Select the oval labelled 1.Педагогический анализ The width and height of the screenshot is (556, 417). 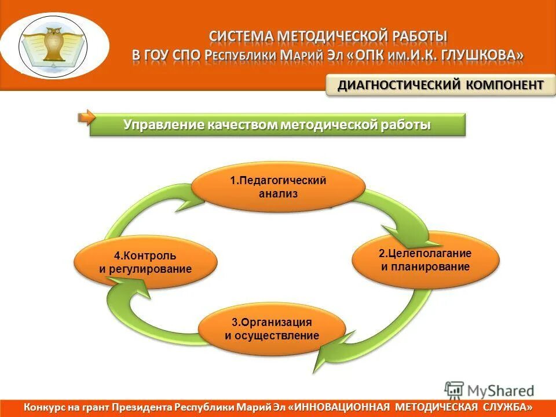pyautogui.click(x=278, y=186)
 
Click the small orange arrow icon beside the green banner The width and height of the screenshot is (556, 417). pyautogui.click(x=86, y=118)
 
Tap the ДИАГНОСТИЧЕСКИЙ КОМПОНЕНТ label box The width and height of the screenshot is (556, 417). pyautogui.click(x=440, y=85)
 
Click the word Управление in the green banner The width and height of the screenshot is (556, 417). pyautogui.click(x=156, y=125)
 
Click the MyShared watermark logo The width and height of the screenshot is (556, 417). pyautogui.click(x=489, y=390)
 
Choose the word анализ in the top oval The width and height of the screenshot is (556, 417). pyautogui.click(x=278, y=194)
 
